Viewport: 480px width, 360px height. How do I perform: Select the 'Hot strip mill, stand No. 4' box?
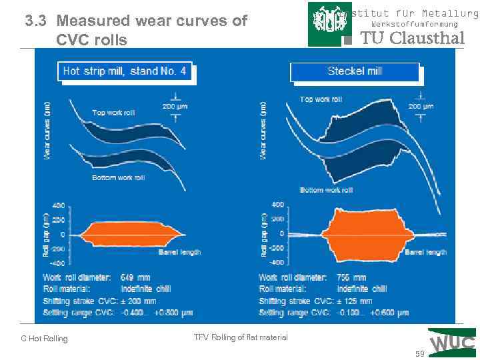click(x=125, y=71)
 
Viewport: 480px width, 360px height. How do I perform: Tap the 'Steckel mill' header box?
click(x=354, y=71)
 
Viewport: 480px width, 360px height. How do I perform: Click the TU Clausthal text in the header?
click(x=412, y=38)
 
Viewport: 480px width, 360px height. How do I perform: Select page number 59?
click(x=419, y=354)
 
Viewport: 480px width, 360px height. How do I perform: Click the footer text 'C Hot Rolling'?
click(x=44, y=339)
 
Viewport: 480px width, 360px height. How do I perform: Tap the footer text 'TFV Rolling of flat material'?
click(x=241, y=337)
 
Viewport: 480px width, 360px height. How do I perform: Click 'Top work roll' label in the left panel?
click(x=113, y=113)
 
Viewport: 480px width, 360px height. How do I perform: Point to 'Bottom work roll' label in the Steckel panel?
click(x=325, y=190)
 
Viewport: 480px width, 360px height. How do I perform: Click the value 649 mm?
click(x=135, y=277)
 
